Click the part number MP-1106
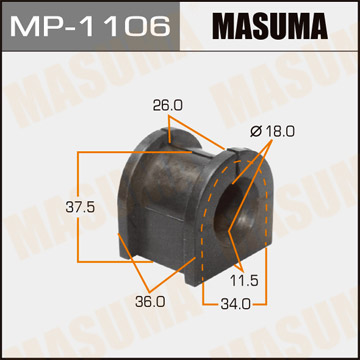coord(90,26)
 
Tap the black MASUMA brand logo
coord(270,25)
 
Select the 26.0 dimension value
coord(168,106)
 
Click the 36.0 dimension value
coord(150,302)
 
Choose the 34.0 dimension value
coord(235,304)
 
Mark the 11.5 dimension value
coord(244,281)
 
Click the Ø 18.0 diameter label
coord(272,132)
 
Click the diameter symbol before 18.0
coord(256,132)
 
